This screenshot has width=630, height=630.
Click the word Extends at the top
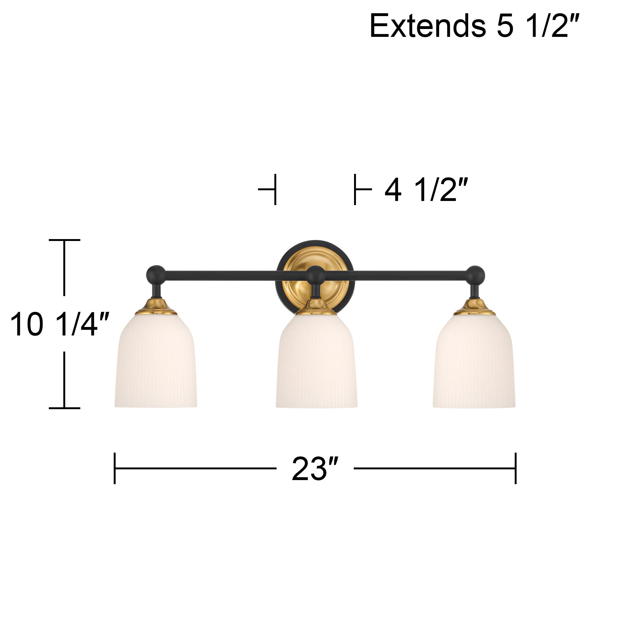point(427,26)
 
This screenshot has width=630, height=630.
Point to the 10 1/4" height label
point(59,324)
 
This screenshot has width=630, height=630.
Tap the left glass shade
point(156,362)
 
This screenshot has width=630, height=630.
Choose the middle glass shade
point(317,362)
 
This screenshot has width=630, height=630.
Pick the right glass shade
point(474,362)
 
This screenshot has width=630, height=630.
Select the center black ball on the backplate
point(316,276)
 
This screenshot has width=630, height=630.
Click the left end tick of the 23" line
point(115,468)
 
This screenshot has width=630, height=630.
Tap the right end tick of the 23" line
point(516,468)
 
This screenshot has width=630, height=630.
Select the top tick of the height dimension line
point(64,240)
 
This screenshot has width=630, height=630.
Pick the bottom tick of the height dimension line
point(64,408)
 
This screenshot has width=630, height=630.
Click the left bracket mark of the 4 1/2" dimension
point(275,189)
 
